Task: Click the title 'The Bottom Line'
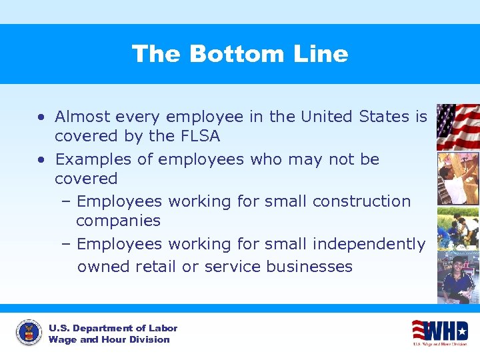coord(240,53)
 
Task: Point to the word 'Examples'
coord(93,159)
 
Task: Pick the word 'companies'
coord(118,221)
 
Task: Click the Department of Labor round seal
coord(28,332)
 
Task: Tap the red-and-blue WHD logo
coord(439,331)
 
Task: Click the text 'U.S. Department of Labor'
coord(113,328)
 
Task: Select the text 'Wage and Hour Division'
coord(109,339)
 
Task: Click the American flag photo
coord(457,127)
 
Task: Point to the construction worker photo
coord(457,178)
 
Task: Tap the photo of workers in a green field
coord(457,227)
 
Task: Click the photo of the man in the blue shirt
coord(457,277)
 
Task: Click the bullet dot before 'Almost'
coord(41,117)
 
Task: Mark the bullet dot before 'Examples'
coord(41,160)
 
